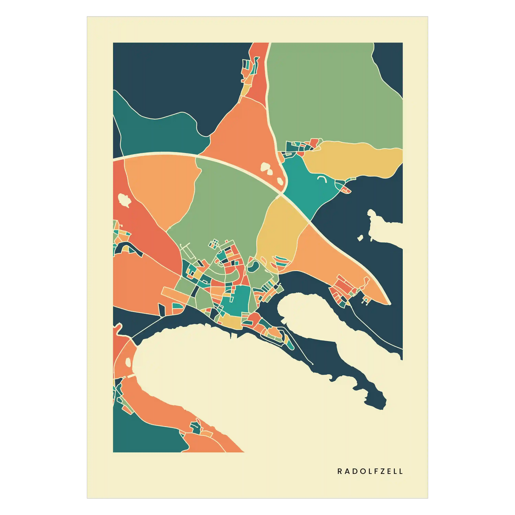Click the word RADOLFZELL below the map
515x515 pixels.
point(370,471)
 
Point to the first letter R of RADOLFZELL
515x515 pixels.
point(340,471)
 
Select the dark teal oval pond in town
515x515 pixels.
point(253,266)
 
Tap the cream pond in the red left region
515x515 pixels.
point(124,200)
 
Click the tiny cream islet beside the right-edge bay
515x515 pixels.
point(360,237)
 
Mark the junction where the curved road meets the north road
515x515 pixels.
point(282,194)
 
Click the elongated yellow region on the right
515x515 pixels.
point(353,159)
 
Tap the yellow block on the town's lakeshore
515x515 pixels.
point(232,323)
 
